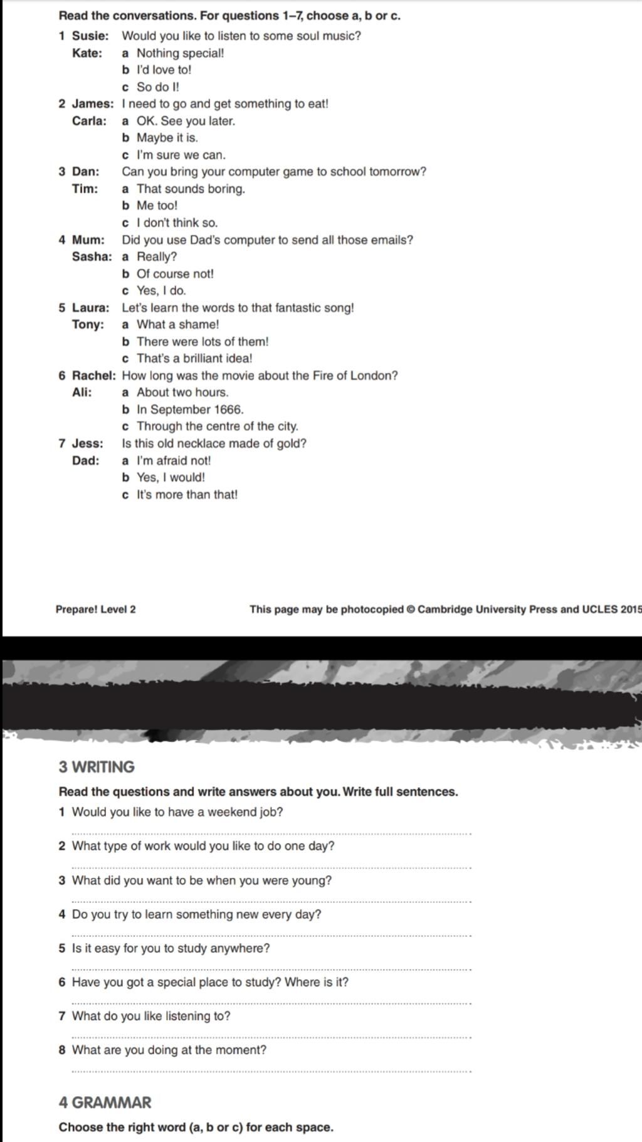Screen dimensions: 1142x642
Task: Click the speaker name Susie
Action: [x=90, y=36]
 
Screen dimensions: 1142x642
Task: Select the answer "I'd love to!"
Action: [x=164, y=70]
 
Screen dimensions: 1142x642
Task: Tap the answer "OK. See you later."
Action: [x=186, y=121]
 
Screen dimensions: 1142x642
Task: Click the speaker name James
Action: [x=93, y=104]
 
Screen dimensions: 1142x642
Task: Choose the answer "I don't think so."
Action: [x=177, y=223]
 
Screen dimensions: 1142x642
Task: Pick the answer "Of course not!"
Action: [x=175, y=274]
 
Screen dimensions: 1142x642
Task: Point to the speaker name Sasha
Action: [x=92, y=256]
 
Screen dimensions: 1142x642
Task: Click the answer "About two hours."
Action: [x=182, y=393]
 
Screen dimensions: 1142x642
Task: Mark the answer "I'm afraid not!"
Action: [x=174, y=461]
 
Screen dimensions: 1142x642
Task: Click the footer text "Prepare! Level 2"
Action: [x=95, y=610]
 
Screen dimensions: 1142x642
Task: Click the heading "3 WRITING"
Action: [x=97, y=767]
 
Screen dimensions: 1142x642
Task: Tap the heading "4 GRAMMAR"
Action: [x=105, y=1102]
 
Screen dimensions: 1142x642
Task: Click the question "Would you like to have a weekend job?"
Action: [x=177, y=812]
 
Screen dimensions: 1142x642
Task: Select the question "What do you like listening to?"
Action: [x=151, y=1016]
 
